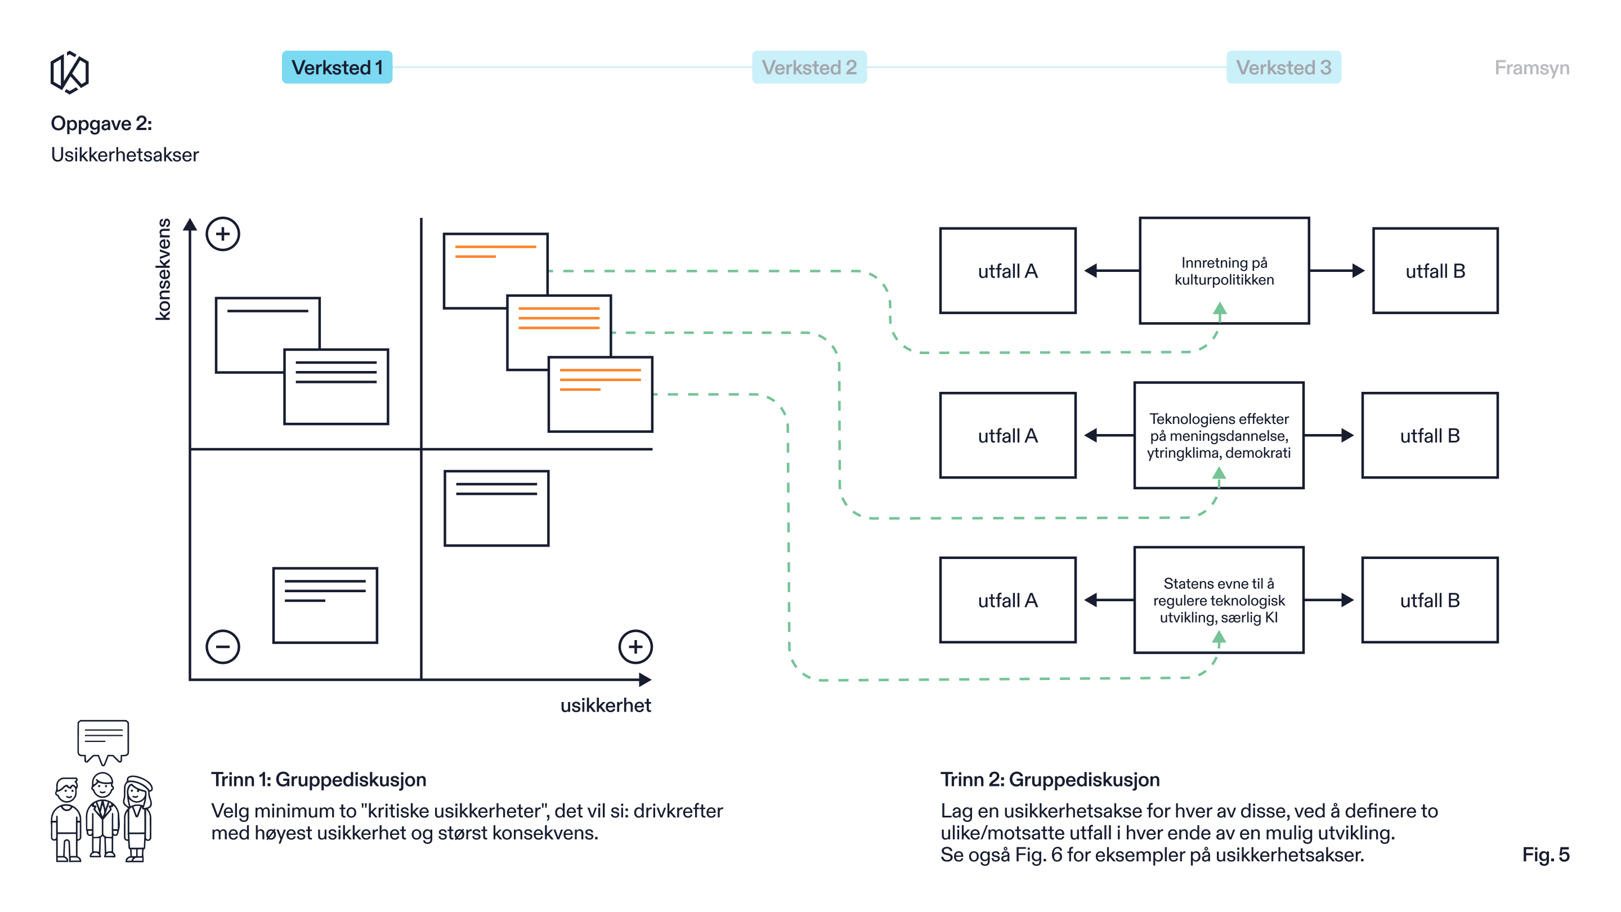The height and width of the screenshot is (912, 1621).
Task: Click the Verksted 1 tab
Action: [x=337, y=68]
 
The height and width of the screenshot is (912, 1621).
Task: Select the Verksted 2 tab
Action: [x=809, y=68]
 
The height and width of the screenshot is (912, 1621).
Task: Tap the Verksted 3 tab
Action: [x=1283, y=68]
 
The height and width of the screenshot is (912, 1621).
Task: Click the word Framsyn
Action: [x=1532, y=68]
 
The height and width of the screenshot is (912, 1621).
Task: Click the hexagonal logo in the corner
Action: [x=69, y=73]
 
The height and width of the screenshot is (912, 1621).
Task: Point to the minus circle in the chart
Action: [x=223, y=646]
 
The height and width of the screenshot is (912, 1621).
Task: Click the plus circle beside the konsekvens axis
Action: [x=223, y=234]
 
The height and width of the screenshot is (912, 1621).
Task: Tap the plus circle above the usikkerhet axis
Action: [x=635, y=646]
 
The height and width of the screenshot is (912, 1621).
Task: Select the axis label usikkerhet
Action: [x=606, y=705]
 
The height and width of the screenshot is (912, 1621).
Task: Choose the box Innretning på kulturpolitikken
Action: [x=1224, y=271]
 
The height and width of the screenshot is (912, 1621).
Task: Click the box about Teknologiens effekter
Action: [x=1219, y=435]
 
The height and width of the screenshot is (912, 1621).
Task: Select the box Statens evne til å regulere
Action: [x=1219, y=600]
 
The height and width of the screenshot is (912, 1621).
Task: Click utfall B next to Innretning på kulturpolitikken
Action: [x=1435, y=271]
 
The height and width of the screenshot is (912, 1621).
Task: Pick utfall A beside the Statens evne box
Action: [x=1007, y=600]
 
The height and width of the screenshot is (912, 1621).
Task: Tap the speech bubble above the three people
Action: [x=103, y=741]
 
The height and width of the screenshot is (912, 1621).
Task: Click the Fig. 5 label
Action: [x=1546, y=854]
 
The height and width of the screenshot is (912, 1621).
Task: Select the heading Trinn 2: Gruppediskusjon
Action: [x=1050, y=779]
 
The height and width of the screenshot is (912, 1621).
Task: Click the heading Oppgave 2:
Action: [x=101, y=123]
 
